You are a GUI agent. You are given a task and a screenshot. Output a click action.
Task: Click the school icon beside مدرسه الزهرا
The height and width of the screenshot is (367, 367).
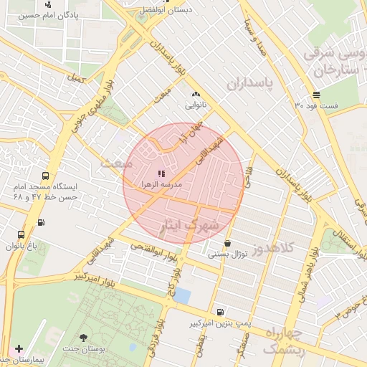click(161, 173)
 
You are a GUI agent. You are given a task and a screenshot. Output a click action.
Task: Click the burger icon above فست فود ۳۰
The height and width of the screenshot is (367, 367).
click(316, 95)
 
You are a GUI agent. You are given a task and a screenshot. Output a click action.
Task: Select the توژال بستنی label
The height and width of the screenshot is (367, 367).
click(227, 254)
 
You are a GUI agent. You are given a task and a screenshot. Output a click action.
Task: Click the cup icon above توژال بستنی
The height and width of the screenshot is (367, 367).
click(227, 244)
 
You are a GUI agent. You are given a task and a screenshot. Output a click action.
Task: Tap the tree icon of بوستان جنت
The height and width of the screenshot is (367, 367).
click(84, 338)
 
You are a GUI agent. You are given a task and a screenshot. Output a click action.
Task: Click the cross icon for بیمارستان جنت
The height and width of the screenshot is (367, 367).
click(19, 348)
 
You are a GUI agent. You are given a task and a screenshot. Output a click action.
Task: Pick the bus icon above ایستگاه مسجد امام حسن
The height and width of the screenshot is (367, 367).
click(46, 176)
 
